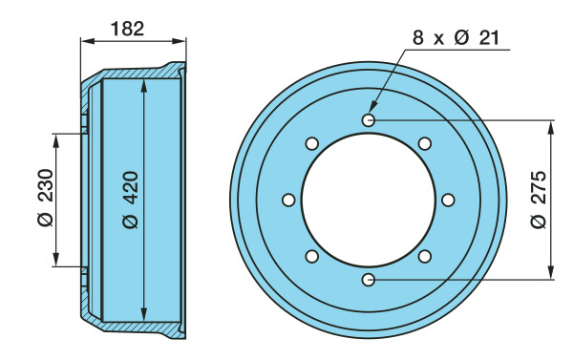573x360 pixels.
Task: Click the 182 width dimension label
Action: pyautogui.click(x=127, y=29)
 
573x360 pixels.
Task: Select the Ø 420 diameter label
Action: pyautogui.click(x=131, y=200)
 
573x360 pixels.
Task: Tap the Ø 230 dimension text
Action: pyautogui.click(x=46, y=198)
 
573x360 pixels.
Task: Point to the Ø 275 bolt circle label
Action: pyautogui.click(x=539, y=200)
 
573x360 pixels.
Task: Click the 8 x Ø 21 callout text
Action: pyautogui.click(x=456, y=37)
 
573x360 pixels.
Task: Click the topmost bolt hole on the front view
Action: pyautogui.click(x=369, y=120)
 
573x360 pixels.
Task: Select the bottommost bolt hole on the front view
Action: pyautogui.click(x=369, y=280)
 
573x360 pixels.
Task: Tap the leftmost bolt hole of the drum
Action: pyautogui.click(x=288, y=200)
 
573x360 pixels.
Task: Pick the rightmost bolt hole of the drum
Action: pyautogui.click(x=448, y=200)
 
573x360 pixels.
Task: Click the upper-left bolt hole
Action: pyautogui.click(x=311, y=143)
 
